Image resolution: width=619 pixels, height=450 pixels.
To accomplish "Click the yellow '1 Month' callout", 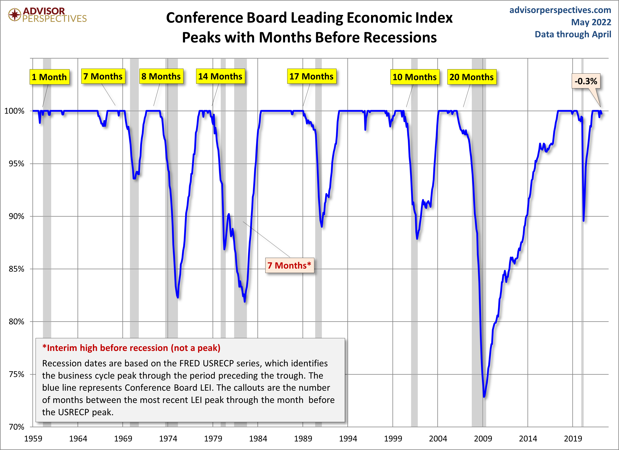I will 49,77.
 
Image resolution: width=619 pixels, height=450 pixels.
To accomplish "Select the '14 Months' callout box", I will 220,77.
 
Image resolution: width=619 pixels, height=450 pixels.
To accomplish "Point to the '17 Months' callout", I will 311,77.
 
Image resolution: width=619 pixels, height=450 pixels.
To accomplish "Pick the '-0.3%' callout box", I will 586,81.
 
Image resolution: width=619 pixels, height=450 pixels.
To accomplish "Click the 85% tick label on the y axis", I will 16,269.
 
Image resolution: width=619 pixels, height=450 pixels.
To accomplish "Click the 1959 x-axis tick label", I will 33,439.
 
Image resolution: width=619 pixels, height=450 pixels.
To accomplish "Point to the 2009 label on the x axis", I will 483,439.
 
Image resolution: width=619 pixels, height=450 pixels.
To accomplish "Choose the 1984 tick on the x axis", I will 258,439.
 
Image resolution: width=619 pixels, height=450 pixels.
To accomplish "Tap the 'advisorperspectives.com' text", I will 560,10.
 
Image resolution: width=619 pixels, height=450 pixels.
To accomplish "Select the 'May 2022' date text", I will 591,22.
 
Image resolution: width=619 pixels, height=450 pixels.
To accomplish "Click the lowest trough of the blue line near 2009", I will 484,396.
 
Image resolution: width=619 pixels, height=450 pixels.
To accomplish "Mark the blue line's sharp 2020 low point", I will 584,221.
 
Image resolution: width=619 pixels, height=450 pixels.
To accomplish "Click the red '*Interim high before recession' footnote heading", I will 131,348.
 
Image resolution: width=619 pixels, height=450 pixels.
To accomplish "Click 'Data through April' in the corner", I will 573,34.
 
